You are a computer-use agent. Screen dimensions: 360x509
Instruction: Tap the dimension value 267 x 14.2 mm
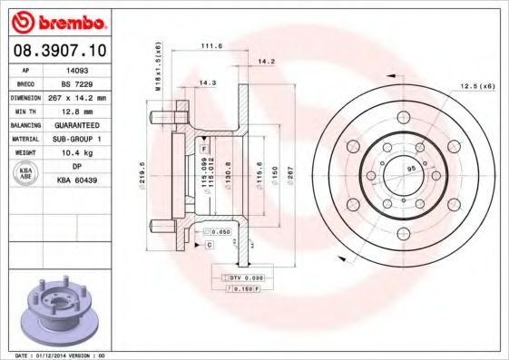pos(77,96)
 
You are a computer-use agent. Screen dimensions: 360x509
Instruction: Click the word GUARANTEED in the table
pos(77,124)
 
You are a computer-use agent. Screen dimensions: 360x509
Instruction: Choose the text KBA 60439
pos(77,181)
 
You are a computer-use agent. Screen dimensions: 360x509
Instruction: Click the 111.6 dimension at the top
pos(211,45)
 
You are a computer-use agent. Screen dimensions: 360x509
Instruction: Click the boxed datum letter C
pos(209,245)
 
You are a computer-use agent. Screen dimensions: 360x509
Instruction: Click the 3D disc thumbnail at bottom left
pos(56,307)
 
